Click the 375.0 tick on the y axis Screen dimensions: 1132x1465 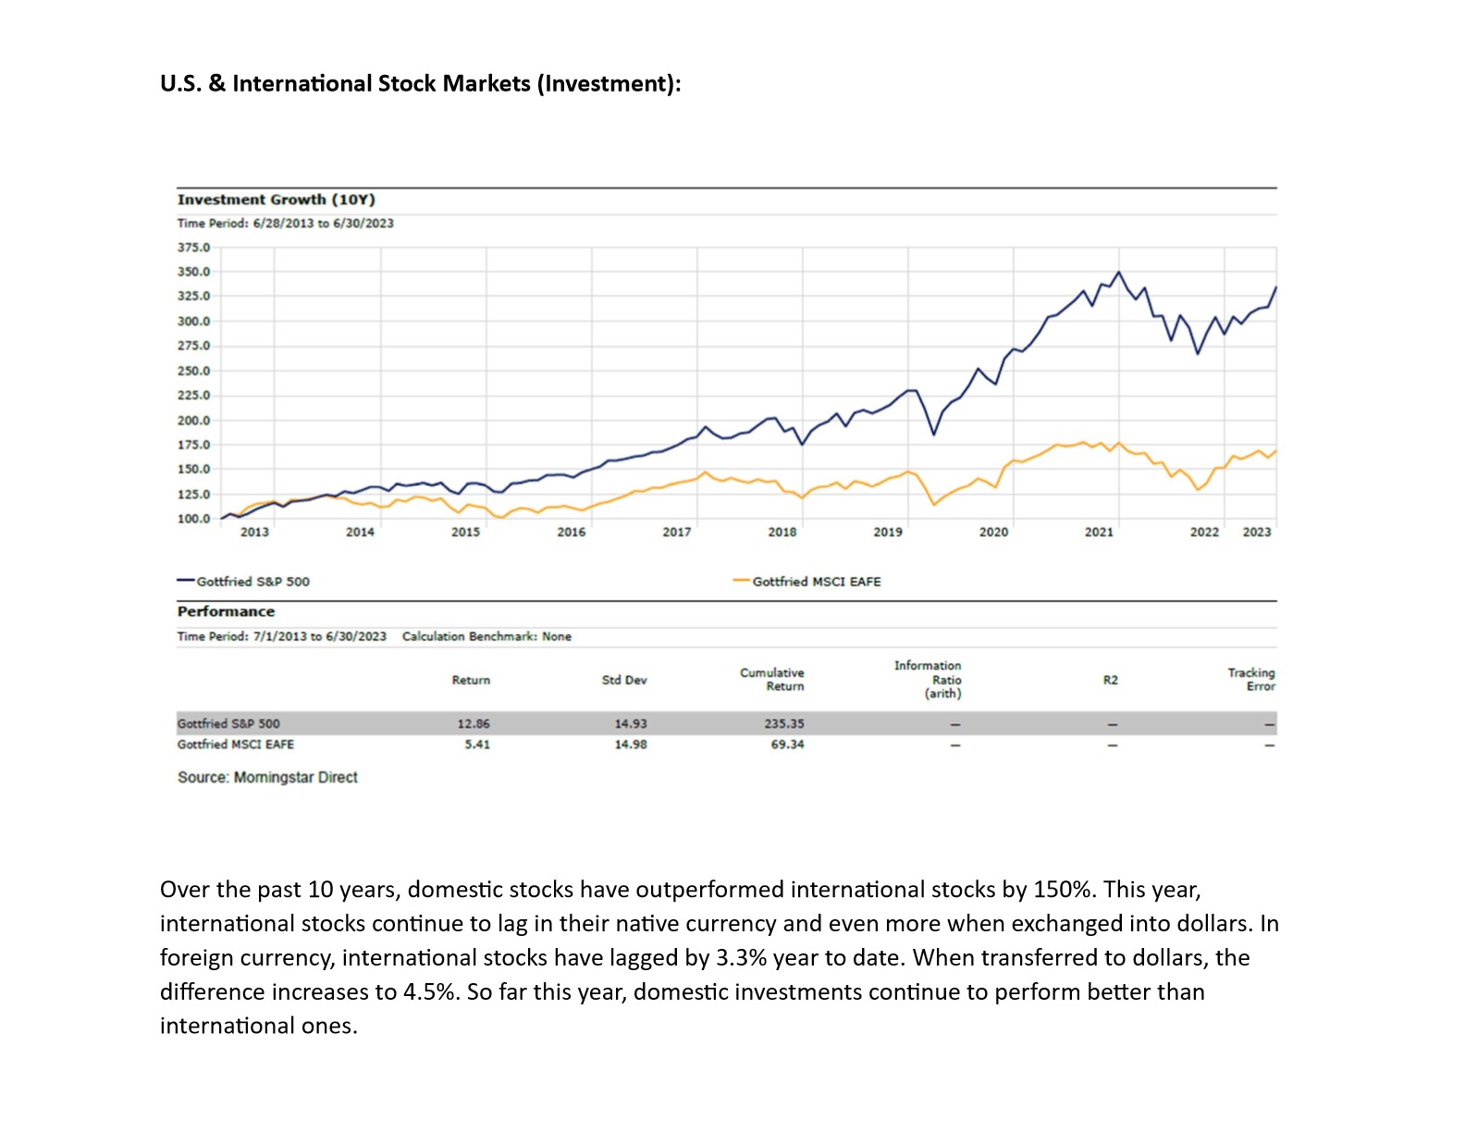coord(193,248)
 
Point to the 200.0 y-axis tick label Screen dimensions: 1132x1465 coord(193,421)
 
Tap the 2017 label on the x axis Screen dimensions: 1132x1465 coord(676,532)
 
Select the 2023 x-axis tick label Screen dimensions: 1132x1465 coord(1256,532)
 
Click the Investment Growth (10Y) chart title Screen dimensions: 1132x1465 coord(276,200)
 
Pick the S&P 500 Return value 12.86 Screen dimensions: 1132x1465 coord(474,724)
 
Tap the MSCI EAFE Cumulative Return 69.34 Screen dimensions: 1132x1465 coord(787,744)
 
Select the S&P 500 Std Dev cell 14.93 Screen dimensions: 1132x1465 coord(631,724)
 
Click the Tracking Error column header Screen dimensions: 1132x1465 coord(1251,680)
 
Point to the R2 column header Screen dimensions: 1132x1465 coord(1110,680)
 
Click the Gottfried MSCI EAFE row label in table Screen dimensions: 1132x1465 coord(236,744)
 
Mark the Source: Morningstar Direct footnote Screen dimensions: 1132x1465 coord(267,778)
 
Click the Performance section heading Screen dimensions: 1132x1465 coord(226,611)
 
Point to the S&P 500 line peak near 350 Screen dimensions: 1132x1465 coord(1118,272)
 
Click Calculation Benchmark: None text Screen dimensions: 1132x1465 coord(486,636)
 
